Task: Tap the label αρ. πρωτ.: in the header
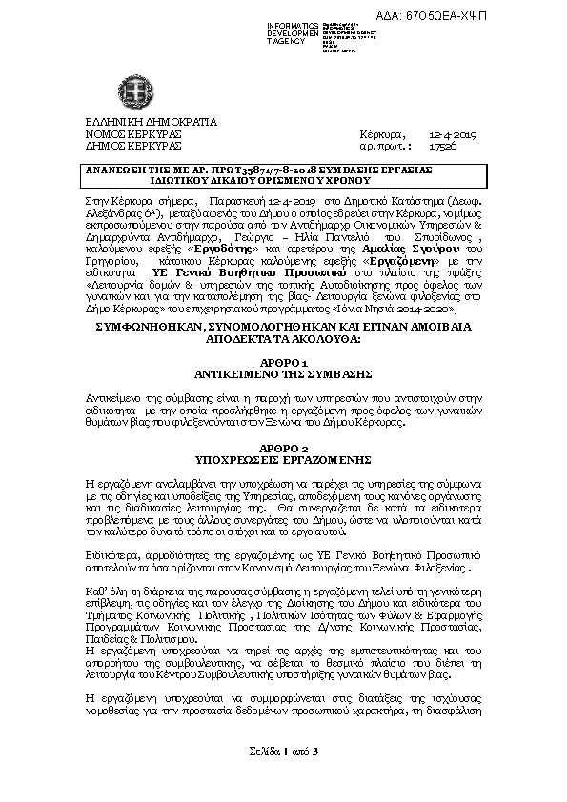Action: (x=385, y=148)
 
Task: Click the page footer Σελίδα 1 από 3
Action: (x=282, y=752)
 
